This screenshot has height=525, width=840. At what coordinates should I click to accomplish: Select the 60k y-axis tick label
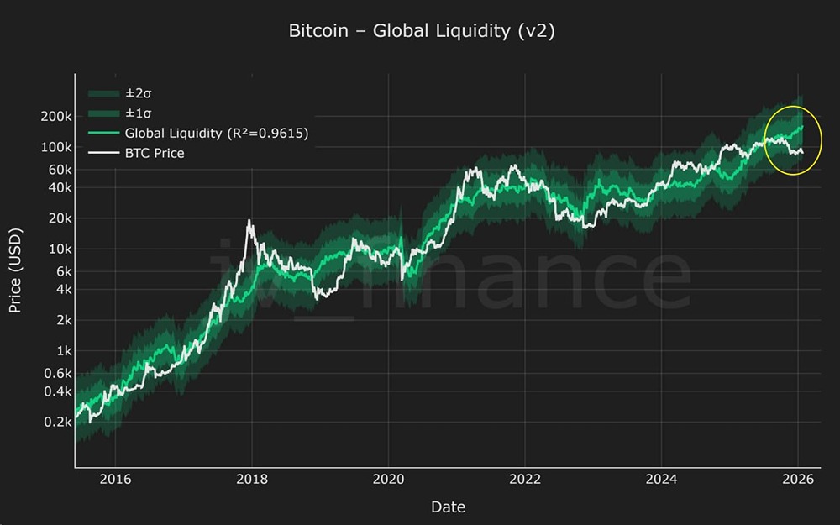(x=57, y=170)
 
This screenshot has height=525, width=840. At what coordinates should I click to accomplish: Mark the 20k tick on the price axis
(x=57, y=218)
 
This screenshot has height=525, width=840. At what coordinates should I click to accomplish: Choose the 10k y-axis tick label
(x=57, y=249)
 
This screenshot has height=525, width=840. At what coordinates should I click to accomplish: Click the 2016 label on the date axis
(x=116, y=480)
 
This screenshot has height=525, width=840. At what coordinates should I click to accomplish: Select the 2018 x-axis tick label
(x=252, y=480)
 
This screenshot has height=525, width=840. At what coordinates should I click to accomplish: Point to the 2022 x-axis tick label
(x=525, y=480)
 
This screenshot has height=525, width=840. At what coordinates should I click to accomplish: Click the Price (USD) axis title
(x=15, y=270)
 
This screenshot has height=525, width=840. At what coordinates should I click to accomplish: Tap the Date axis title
(x=448, y=507)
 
